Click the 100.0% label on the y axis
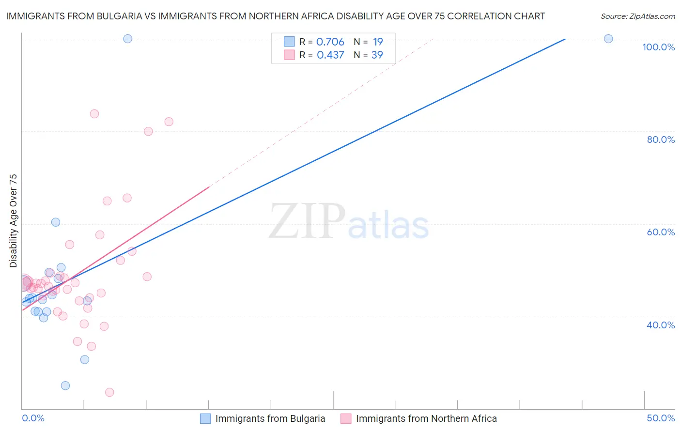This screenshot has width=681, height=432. (658, 47)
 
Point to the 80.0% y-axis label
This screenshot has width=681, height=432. (661, 139)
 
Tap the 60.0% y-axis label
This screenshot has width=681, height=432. (661, 232)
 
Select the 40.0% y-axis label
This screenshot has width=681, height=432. (661, 325)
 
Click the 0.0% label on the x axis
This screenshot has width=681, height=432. (33, 418)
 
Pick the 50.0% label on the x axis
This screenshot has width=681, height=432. (661, 418)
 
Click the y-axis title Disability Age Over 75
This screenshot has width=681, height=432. (13, 220)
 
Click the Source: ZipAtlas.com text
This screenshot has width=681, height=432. (637, 16)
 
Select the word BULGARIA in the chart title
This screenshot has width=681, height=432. (117, 16)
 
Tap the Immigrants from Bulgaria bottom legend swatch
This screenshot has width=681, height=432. (205, 418)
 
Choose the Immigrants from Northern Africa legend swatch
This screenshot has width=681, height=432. (346, 418)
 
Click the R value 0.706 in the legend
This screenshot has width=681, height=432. (330, 42)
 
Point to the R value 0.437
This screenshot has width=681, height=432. (330, 55)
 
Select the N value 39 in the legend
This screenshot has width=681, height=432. (377, 55)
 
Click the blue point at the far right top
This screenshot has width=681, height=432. (608, 39)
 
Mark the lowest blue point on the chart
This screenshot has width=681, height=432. (65, 386)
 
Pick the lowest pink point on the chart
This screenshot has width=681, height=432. (109, 392)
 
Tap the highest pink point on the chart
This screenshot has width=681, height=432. (94, 114)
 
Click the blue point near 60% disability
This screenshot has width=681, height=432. (56, 222)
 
